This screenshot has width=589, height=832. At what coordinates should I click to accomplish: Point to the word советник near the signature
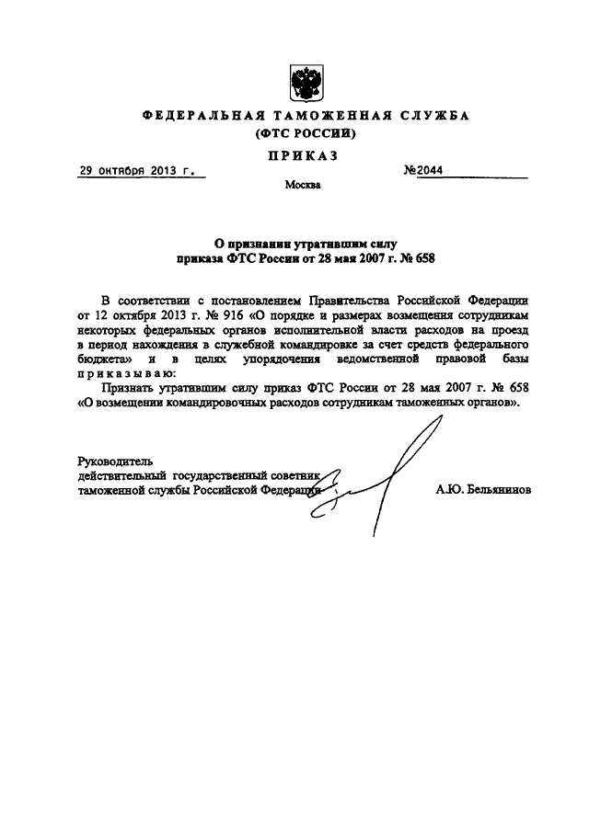click(290, 476)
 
